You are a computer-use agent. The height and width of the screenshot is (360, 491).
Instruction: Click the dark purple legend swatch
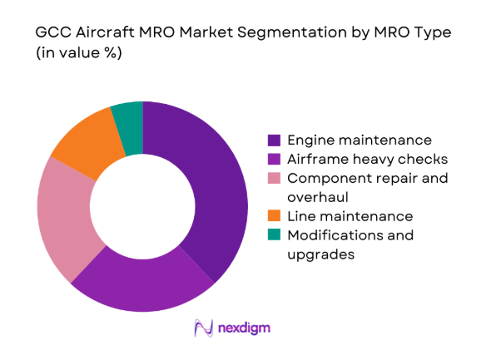point(274,139)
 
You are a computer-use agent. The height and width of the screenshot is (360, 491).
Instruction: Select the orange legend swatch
point(274,216)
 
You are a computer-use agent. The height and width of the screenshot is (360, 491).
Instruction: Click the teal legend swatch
point(274,235)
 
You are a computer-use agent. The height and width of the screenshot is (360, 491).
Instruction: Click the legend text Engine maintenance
point(350,139)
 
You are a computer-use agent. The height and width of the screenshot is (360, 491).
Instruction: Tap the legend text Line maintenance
point(343,216)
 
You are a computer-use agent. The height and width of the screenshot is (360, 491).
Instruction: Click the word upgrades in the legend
point(320,254)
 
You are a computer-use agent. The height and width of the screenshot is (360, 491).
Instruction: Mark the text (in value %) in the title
point(77,56)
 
